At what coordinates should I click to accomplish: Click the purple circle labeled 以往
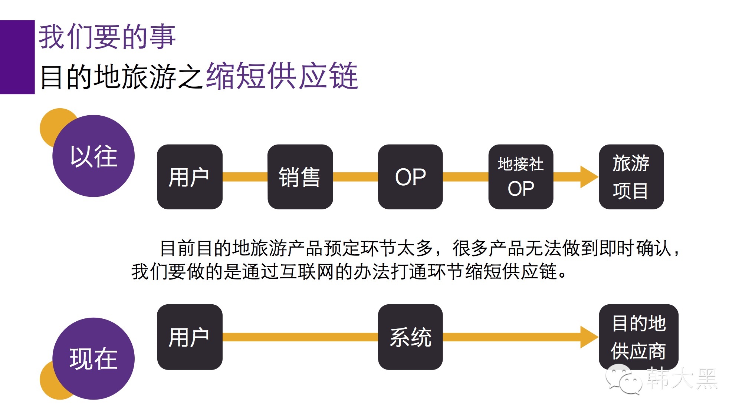[93, 156]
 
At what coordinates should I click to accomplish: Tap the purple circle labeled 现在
[93, 358]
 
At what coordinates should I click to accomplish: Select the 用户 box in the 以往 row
[190, 177]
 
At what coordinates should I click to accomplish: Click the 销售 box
[300, 177]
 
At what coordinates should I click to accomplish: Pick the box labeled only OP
[410, 177]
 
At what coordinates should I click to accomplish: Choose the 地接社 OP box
[521, 177]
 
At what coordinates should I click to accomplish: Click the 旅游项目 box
[631, 177]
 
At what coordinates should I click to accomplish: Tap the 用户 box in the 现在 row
[190, 337]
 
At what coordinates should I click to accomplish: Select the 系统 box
[410, 337]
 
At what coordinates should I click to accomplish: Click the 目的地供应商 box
[638, 337]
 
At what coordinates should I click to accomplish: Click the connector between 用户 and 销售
[245, 177]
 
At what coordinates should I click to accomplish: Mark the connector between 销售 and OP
[355, 177]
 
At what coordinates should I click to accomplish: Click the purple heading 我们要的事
[107, 37]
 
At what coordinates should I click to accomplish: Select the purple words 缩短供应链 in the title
[282, 76]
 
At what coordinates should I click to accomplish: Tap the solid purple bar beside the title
[17, 57]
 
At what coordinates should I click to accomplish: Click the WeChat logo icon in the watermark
[623, 379]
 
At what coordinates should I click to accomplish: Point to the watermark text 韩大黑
[682, 378]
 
